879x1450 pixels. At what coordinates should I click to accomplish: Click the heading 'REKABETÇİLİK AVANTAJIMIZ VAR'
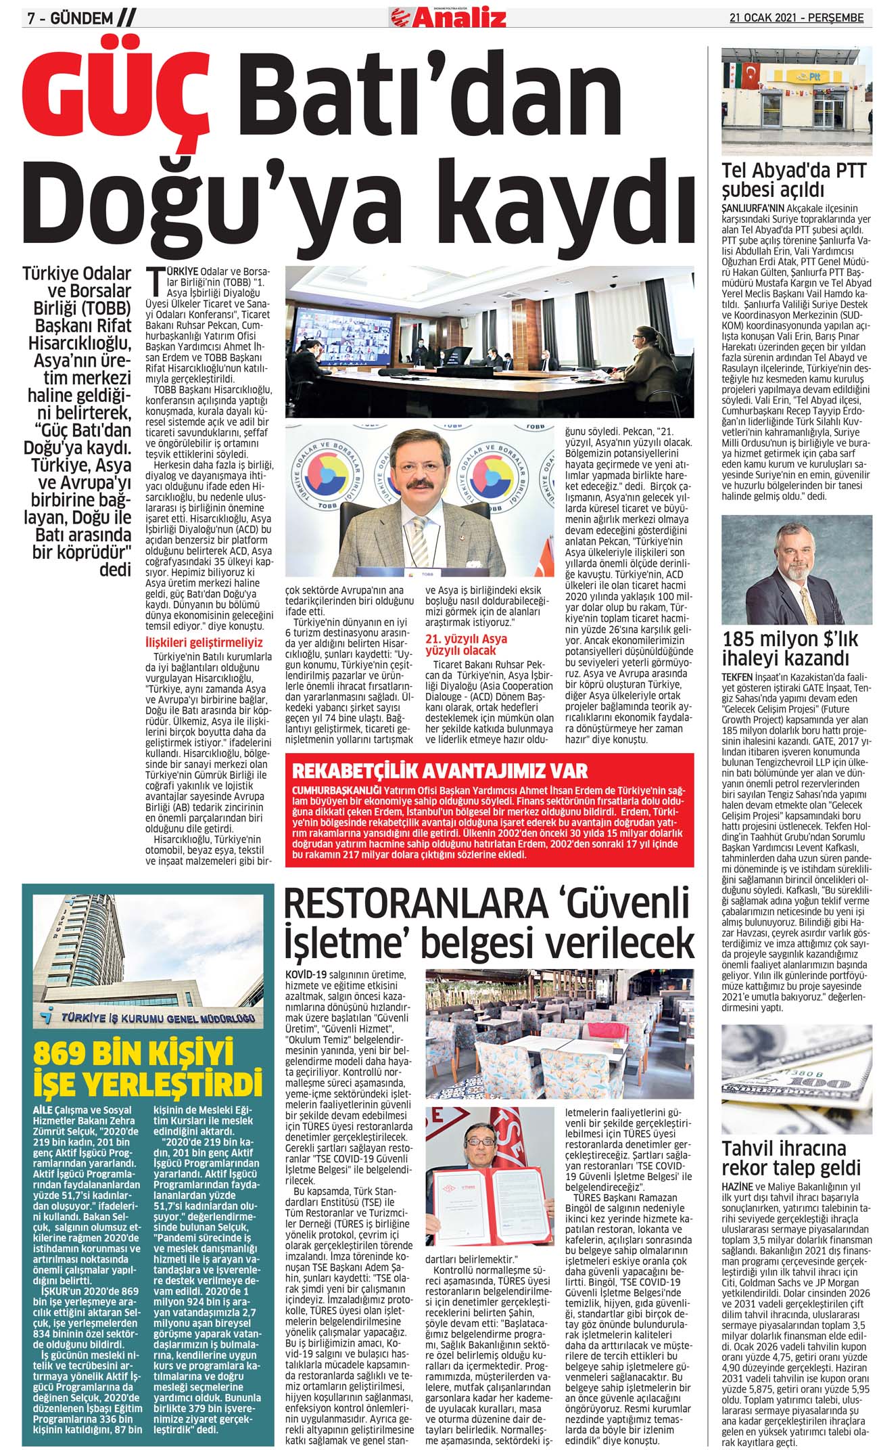439,771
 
